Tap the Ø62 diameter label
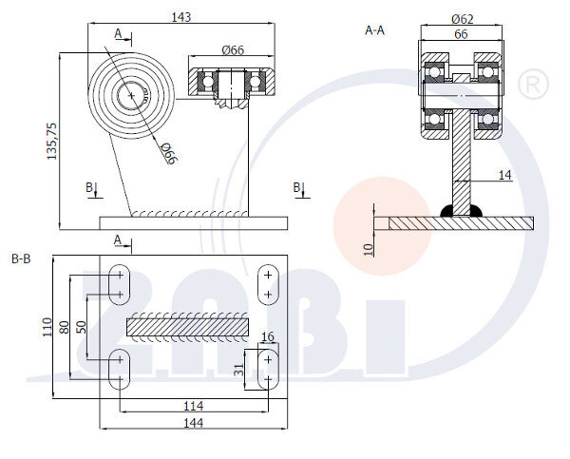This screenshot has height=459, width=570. click(463, 18)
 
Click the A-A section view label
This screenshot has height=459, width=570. click(374, 30)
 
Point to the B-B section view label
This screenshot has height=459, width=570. click(21, 258)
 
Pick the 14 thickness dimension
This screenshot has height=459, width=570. click(504, 175)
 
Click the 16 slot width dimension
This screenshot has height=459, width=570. click(268, 337)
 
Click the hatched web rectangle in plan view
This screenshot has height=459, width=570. click(186, 326)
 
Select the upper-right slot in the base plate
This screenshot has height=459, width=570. click(268, 283)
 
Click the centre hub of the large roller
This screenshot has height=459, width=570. click(129, 95)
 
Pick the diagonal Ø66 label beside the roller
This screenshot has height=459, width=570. click(167, 152)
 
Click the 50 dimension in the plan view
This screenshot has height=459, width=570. click(81, 326)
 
